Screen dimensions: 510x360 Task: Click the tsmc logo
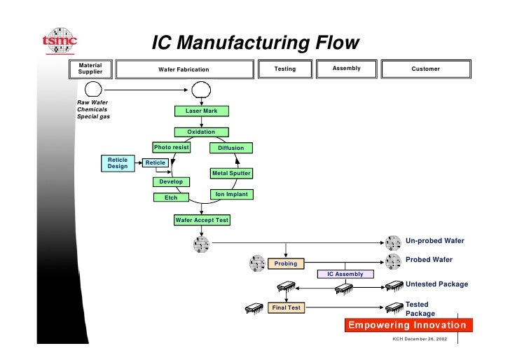point(60,41)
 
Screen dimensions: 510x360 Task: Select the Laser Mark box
point(202,111)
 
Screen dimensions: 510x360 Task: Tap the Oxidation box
point(201,132)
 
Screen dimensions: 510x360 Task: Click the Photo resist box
point(172,147)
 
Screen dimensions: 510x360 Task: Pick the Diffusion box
point(231,148)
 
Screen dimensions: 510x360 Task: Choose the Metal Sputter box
point(231,173)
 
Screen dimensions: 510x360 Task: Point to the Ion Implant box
point(232,195)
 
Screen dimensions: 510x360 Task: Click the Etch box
point(171,198)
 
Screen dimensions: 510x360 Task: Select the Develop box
point(171,182)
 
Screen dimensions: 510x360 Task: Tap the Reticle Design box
point(118,163)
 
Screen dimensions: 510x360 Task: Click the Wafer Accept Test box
point(202,220)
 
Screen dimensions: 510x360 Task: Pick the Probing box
point(286,263)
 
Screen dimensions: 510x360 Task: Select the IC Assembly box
point(345,274)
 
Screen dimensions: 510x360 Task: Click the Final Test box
point(287,307)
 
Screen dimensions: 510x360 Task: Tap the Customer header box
point(426,69)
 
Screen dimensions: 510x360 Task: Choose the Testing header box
point(285,69)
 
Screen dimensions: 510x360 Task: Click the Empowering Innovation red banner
point(408,325)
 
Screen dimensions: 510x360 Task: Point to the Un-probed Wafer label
point(435,241)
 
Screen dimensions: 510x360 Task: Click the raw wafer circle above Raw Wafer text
point(93,89)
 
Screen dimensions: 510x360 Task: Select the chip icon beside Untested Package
point(394,286)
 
